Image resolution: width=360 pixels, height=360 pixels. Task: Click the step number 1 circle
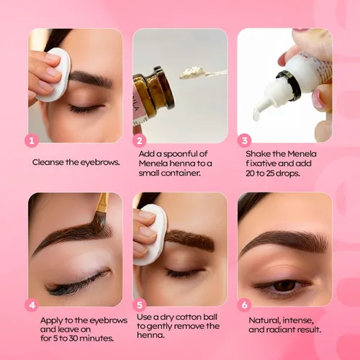(31, 140)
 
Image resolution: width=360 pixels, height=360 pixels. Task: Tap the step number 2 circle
(140, 140)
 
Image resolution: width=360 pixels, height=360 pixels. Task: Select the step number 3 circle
(245, 140)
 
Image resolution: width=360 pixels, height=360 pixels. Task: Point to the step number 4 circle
(31, 305)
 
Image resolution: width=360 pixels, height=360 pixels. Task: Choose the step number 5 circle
(140, 305)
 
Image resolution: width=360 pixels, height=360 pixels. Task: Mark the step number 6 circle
(245, 305)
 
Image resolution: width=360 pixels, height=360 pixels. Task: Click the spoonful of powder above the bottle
(194, 72)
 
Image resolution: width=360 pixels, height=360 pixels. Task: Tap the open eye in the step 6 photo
(284, 286)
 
